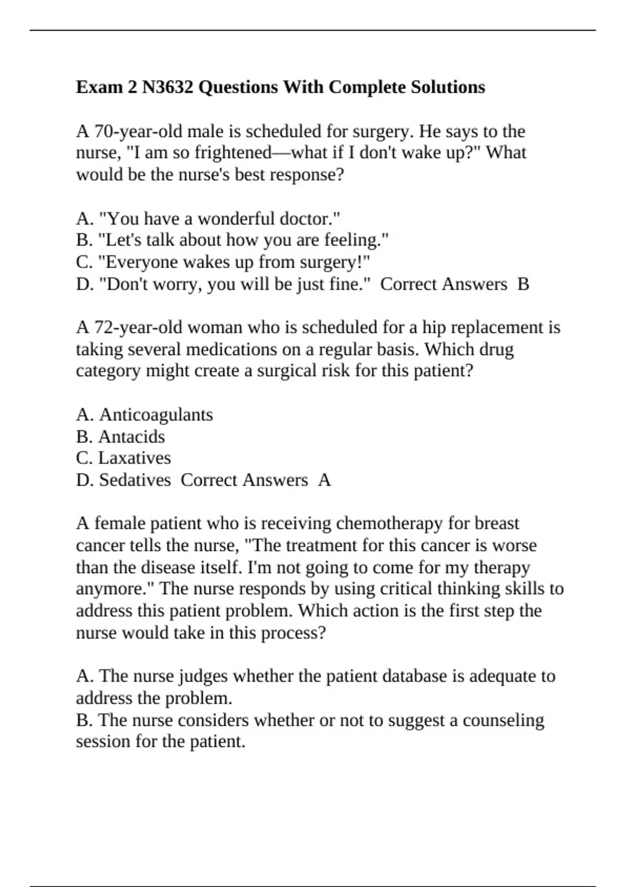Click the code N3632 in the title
pyautogui.click(x=167, y=87)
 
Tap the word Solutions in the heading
pyautogui.click(x=448, y=87)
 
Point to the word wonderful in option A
pyautogui.click(x=236, y=218)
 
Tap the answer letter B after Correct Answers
pyautogui.click(x=523, y=284)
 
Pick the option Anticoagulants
pyautogui.click(x=156, y=414)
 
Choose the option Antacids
pyautogui.click(x=131, y=436)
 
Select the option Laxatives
pyautogui.click(x=135, y=458)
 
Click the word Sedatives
pyautogui.click(x=135, y=480)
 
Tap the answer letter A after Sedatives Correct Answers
pyautogui.click(x=324, y=480)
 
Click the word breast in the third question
pyautogui.click(x=497, y=523)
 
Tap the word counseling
pyautogui.click(x=503, y=720)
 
